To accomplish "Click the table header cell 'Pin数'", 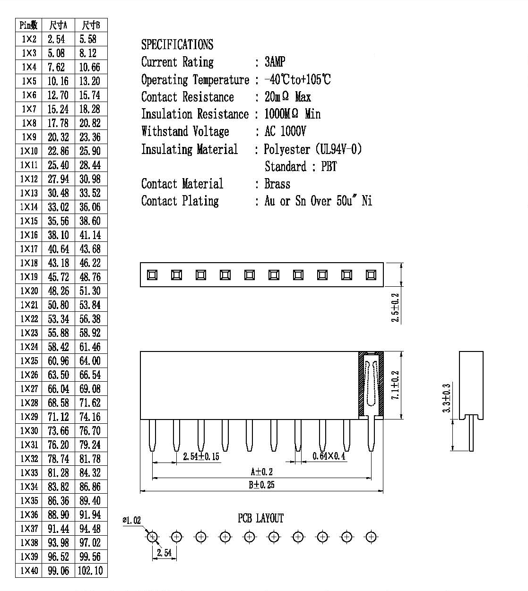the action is pyautogui.click(x=29, y=25).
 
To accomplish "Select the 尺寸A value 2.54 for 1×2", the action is pyautogui.click(x=56, y=39).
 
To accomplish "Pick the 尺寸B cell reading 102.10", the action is pyautogui.click(x=90, y=570).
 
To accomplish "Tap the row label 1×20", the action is pyautogui.click(x=29, y=291).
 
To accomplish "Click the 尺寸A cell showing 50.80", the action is pyautogui.click(x=58, y=305).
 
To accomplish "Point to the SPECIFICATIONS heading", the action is pyautogui.click(x=177, y=44).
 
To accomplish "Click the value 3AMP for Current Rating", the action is pyautogui.click(x=275, y=62).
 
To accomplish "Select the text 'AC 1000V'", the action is pyautogui.click(x=285, y=131).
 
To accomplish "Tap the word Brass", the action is pyautogui.click(x=277, y=184).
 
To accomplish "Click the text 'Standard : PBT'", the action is pyautogui.click(x=301, y=167).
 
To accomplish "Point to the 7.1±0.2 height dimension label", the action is pyautogui.click(x=395, y=385).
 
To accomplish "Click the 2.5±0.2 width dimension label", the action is pyautogui.click(x=395, y=308).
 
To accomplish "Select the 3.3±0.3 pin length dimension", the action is pyautogui.click(x=447, y=398).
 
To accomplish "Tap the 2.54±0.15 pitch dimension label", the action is pyautogui.click(x=201, y=456).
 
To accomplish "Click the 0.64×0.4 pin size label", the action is pyautogui.click(x=329, y=456).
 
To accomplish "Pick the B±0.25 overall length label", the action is pyautogui.click(x=261, y=485).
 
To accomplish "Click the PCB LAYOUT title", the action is pyautogui.click(x=260, y=518).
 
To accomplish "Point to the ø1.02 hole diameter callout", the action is pyautogui.click(x=131, y=520).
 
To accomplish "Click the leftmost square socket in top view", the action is pyautogui.click(x=152, y=275).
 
